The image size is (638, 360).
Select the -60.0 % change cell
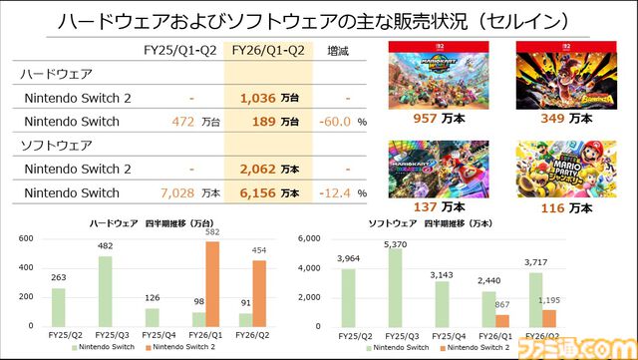[340, 122]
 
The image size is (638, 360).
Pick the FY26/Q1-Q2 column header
[268, 49]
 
